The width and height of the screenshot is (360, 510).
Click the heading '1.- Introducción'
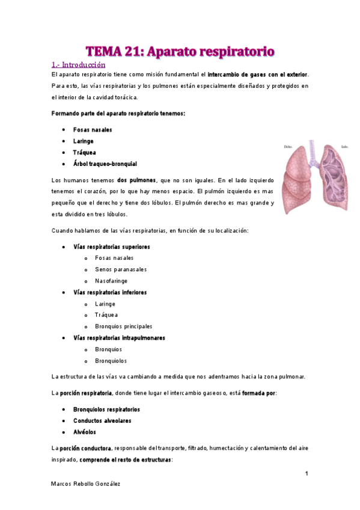coord(78,64)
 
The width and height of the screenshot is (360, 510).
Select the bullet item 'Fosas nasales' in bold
coord(92,130)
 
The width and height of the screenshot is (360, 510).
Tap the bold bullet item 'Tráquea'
coord(84,153)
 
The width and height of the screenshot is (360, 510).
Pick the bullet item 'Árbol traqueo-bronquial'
coord(105,164)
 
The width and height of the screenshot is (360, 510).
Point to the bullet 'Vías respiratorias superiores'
coord(112,247)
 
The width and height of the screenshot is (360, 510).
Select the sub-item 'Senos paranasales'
coord(121,269)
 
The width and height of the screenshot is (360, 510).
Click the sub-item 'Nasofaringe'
coord(111,281)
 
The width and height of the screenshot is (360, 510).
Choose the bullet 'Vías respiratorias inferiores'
coord(110,292)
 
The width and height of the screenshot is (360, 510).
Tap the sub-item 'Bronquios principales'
coord(123,327)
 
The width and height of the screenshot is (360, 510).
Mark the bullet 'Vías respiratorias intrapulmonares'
coord(119,338)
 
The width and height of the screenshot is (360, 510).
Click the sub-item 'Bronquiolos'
coord(111,361)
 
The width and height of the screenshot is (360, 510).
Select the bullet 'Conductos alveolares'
coord(102,421)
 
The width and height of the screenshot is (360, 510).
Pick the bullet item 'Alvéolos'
coord(85,432)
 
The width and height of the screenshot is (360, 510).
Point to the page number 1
coord(307,474)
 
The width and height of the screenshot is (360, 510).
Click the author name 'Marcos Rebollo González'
coord(86,484)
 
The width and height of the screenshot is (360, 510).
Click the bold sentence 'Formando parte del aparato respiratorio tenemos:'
coord(119,114)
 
